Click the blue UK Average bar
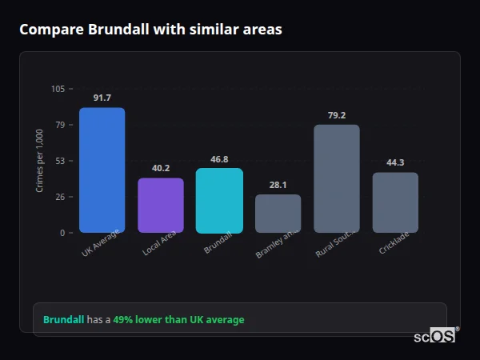click(x=102, y=170)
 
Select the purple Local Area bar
click(x=161, y=206)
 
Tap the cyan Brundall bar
click(x=219, y=201)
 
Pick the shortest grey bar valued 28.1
click(x=278, y=214)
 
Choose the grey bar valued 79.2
click(x=337, y=178)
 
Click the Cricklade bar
click(x=395, y=202)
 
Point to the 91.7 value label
click(x=102, y=98)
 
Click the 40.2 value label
click(x=161, y=169)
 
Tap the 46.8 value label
click(x=219, y=159)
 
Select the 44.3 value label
click(x=395, y=163)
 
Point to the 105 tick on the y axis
click(x=58, y=89)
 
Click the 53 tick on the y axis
click(x=60, y=161)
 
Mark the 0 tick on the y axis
click(x=62, y=233)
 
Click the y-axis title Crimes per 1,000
click(x=40, y=161)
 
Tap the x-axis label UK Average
click(x=101, y=243)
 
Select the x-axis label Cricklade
click(x=395, y=244)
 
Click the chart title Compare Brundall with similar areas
click(x=150, y=30)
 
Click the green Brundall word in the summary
click(x=63, y=320)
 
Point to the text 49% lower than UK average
click(x=178, y=320)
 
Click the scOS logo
click(x=434, y=337)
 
